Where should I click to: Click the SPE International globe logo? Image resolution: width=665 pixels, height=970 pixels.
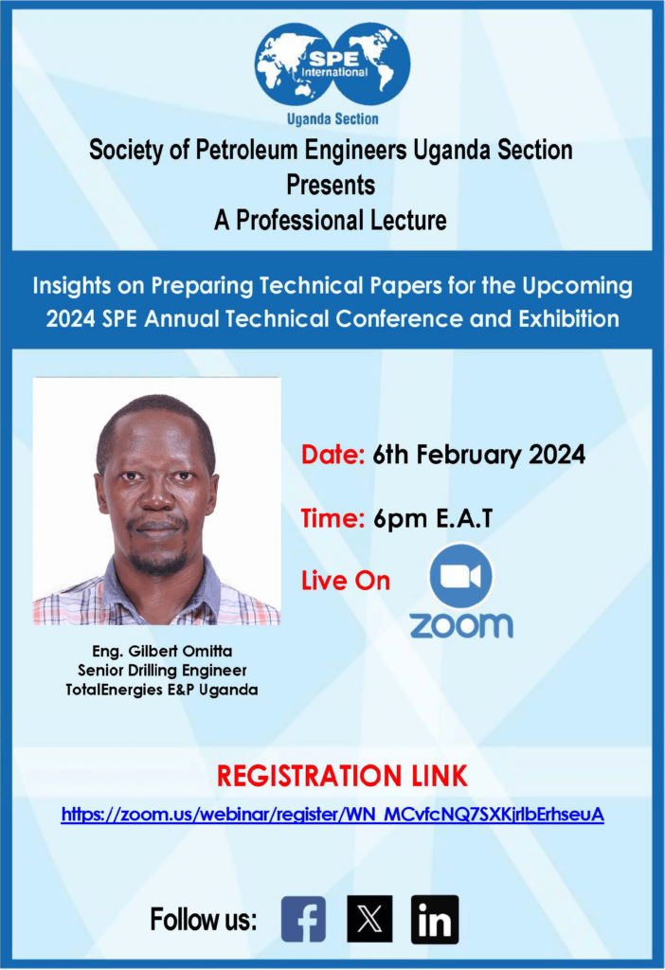pyautogui.click(x=332, y=63)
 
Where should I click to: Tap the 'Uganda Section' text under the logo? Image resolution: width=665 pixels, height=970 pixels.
pyautogui.click(x=332, y=118)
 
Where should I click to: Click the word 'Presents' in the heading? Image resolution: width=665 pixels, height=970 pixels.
pyautogui.click(x=331, y=185)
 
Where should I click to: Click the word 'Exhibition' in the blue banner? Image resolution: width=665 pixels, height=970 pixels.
pyautogui.click(x=568, y=318)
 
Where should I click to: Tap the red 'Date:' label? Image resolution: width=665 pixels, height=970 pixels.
pyautogui.click(x=332, y=455)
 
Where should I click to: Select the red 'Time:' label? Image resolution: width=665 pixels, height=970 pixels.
pyautogui.click(x=332, y=518)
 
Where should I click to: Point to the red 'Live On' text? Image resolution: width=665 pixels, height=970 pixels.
pyautogui.click(x=346, y=581)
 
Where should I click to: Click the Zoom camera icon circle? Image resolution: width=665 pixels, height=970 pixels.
pyautogui.click(x=461, y=576)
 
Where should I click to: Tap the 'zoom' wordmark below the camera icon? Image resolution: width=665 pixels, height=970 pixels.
pyautogui.click(x=461, y=625)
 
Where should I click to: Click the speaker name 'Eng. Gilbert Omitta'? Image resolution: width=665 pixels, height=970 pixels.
pyautogui.click(x=162, y=652)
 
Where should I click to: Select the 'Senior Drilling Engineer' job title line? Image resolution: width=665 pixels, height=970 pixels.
pyautogui.click(x=162, y=671)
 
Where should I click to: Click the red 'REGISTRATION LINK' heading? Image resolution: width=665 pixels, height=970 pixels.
pyautogui.click(x=342, y=777)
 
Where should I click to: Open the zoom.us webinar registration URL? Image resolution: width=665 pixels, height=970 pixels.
pyautogui.click(x=332, y=815)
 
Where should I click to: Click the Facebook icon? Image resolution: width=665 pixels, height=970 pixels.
pyautogui.click(x=303, y=919)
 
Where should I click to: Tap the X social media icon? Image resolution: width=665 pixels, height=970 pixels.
pyautogui.click(x=369, y=919)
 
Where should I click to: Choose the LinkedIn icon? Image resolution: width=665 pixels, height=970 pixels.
pyautogui.click(x=435, y=919)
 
